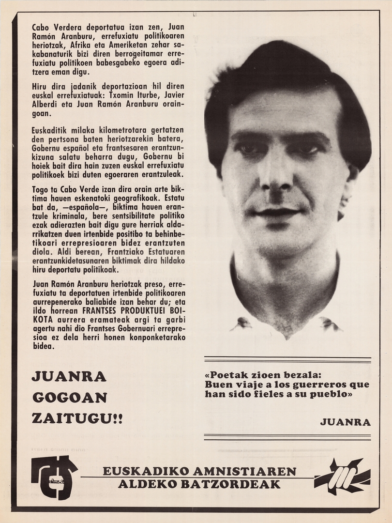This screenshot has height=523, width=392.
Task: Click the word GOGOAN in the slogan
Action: pyautogui.click(x=69, y=397)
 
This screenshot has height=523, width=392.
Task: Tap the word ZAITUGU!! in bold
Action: pyautogui.click(x=77, y=418)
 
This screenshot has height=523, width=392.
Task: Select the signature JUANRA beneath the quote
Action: pyautogui.click(x=345, y=422)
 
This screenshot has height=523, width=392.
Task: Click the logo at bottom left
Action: pyautogui.click(x=54, y=477)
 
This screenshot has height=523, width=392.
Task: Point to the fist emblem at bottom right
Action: pyautogui.click(x=342, y=477)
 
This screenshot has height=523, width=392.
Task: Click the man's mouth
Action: pyautogui.click(x=277, y=212)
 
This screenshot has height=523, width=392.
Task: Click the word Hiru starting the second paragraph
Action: pyautogui.click(x=40, y=85)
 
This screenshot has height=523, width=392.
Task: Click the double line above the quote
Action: pyautogui.click(x=287, y=360)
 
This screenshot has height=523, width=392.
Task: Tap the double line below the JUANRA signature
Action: pyautogui.click(x=287, y=437)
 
